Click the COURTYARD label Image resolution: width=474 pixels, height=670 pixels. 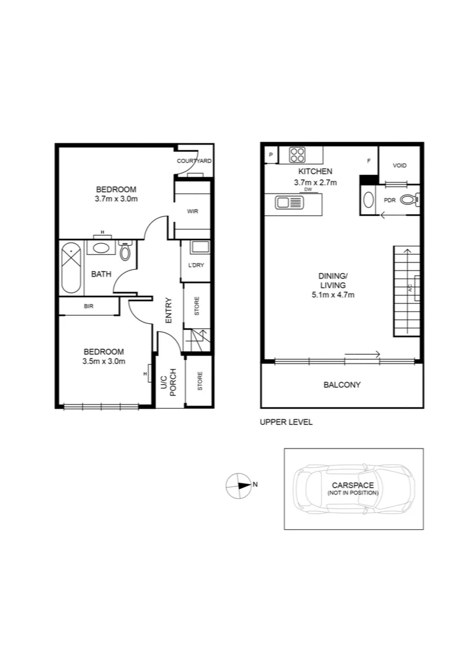point(194,161)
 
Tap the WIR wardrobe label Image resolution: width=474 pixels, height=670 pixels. point(192,212)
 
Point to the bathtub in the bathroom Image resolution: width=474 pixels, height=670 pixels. point(71,269)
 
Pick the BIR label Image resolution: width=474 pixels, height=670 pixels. point(88,306)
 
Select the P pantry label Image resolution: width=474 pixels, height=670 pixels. point(271,154)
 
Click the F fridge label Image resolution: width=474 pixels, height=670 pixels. point(369,161)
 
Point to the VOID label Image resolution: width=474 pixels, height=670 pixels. point(400,166)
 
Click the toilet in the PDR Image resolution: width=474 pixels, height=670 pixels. point(409,200)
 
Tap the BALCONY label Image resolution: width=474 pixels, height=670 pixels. point(342,385)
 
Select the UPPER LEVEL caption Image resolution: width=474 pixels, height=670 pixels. point(286,422)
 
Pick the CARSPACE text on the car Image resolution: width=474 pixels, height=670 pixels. point(352,485)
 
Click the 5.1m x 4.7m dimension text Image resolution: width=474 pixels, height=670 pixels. point(333,295)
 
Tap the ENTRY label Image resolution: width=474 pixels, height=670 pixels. point(169,310)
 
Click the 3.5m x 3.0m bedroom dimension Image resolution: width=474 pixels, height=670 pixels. point(104,361)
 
